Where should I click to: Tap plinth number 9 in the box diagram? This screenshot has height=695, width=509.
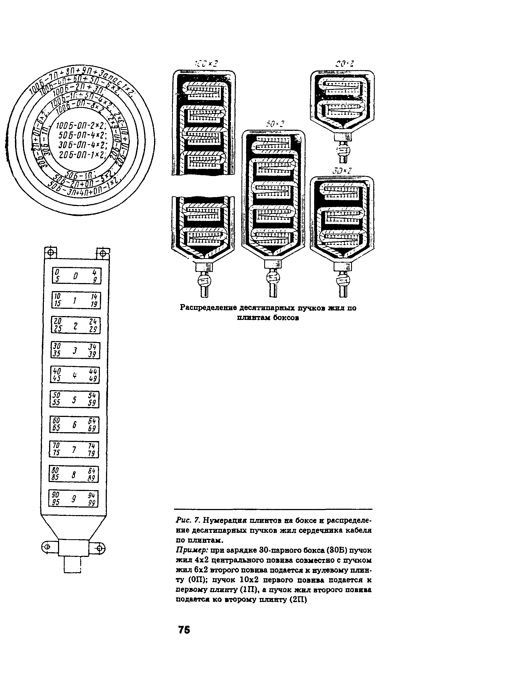click(x=74, y=498)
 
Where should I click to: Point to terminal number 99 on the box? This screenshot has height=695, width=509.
click(x=92, y=503)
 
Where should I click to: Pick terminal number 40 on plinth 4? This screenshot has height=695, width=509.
click(x=57, y=371)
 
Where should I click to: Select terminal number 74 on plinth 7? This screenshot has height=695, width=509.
click(x=92, y=446)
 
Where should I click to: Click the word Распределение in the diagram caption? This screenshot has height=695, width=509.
click(x=208, y=307)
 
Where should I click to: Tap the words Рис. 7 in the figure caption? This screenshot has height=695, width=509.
click(x=188, y=520)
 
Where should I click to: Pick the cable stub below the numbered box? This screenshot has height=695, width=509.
click(x=72, y=565)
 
